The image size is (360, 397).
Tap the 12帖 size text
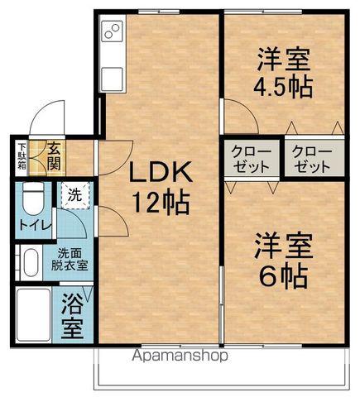160,200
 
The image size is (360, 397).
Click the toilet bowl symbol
32,199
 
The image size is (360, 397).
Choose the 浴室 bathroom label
73,316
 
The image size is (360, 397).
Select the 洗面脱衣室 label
72,260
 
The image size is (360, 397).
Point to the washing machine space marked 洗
74,196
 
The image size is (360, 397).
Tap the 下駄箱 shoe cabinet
22,156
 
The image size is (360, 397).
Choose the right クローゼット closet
311,159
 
